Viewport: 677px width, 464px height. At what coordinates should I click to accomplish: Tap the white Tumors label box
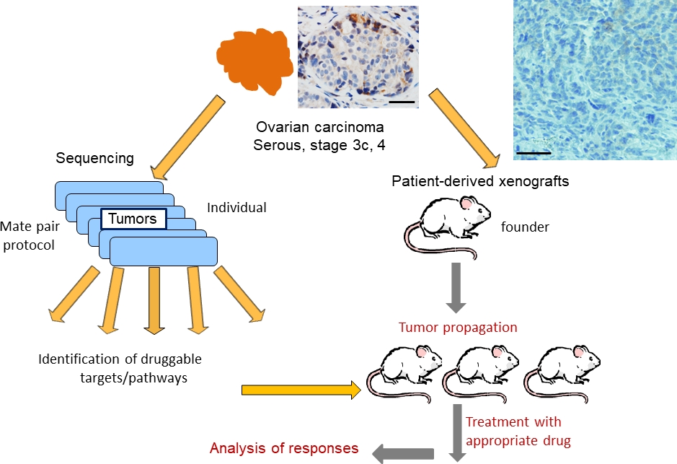[x=132, y=218]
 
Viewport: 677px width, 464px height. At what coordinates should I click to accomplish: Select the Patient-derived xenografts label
[x=480, y=181]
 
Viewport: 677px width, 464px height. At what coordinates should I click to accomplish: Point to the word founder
[x=526, y=227]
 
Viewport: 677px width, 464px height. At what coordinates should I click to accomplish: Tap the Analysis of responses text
[x=284, y=448]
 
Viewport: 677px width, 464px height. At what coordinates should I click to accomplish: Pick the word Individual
[x=236, y=208]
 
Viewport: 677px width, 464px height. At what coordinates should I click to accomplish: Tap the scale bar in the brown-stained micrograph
[x=402, y=102]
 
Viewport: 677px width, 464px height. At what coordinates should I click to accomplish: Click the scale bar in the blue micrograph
[x=534, y=152]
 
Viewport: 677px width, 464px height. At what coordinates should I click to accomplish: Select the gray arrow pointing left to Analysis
[x=404, y=452]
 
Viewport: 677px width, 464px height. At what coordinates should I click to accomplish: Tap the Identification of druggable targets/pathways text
[x=120, y=368]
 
